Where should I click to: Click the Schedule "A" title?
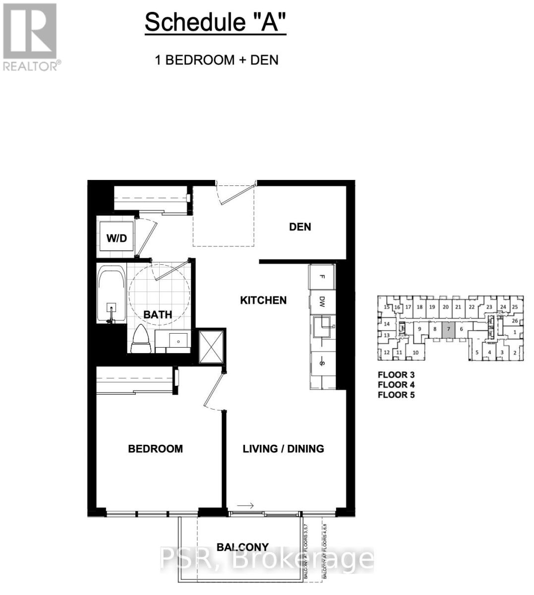coord(215,23)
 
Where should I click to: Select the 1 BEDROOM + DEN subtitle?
coord(217,60)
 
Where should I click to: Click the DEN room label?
coord(300,227)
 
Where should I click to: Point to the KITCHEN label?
coord(263,300)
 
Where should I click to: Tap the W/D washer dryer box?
coord(117,238)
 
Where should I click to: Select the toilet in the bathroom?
coord(141,340)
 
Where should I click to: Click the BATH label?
coord(158,314)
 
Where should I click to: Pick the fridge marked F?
coord(322,278)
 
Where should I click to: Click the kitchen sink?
coord(323,327)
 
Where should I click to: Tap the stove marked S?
coord(322,363)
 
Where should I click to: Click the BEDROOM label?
coord(155,449)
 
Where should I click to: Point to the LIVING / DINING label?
coord(283,449)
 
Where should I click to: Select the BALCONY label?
coord(242,547)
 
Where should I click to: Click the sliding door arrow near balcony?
coord(245,506)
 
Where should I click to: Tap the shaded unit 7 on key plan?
coord(448,329)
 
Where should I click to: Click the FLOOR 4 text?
coord(396,385)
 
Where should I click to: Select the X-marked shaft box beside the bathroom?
coord(211,346)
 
